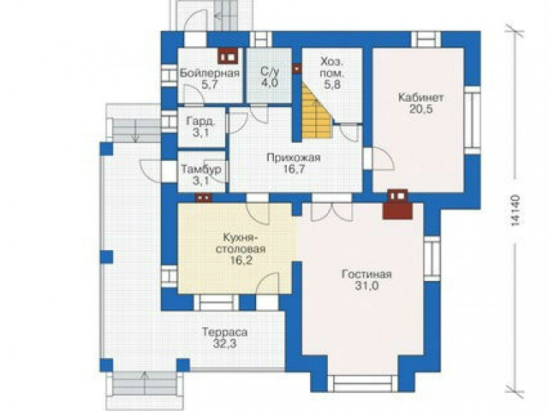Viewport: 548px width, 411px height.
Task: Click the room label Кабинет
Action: click(x=420, y=97)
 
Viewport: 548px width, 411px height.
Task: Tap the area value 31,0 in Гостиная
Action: click(x=367, y=286)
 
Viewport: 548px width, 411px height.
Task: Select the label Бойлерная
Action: click(x=210, y=73)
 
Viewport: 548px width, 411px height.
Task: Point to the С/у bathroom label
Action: click(x=270, y=71)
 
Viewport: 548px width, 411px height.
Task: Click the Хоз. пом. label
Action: click(x=332, y=68)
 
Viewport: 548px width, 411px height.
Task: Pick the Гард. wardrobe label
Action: click(x=201, y=122)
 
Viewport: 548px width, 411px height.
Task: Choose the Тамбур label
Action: click(x=201, y=170)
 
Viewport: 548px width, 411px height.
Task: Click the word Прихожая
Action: click(x=294, y=158)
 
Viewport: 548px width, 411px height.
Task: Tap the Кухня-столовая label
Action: click(x=241, y=243)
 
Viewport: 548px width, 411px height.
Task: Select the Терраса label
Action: click(x=224, y=331)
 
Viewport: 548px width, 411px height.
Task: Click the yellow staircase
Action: click(x=316, y=111)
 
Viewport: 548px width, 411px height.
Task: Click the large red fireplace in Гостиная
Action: click(x=397, y=205)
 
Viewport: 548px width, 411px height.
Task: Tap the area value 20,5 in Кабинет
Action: click(x=420, y=109)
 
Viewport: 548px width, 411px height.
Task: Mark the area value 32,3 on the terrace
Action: click(x=224, y=343)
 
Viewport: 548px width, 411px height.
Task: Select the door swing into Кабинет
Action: click(x=383, y=158)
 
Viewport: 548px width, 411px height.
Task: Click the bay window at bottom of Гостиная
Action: click(x=366, y=384)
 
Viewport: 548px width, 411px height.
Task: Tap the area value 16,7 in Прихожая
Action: click(x=294, y=170)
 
